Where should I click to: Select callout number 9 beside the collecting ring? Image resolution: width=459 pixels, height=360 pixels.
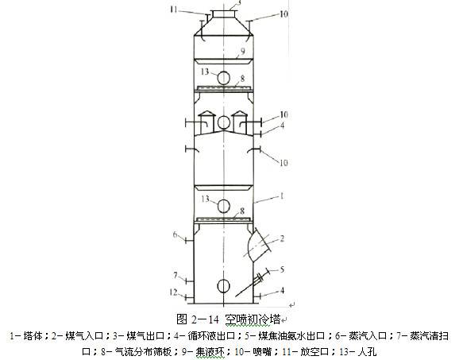(245, 52)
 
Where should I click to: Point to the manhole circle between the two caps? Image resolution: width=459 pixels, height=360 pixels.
(224, 122)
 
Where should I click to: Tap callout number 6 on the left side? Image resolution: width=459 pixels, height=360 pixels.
(177, 234)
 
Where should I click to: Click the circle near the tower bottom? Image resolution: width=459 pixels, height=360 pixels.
(224, 285)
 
